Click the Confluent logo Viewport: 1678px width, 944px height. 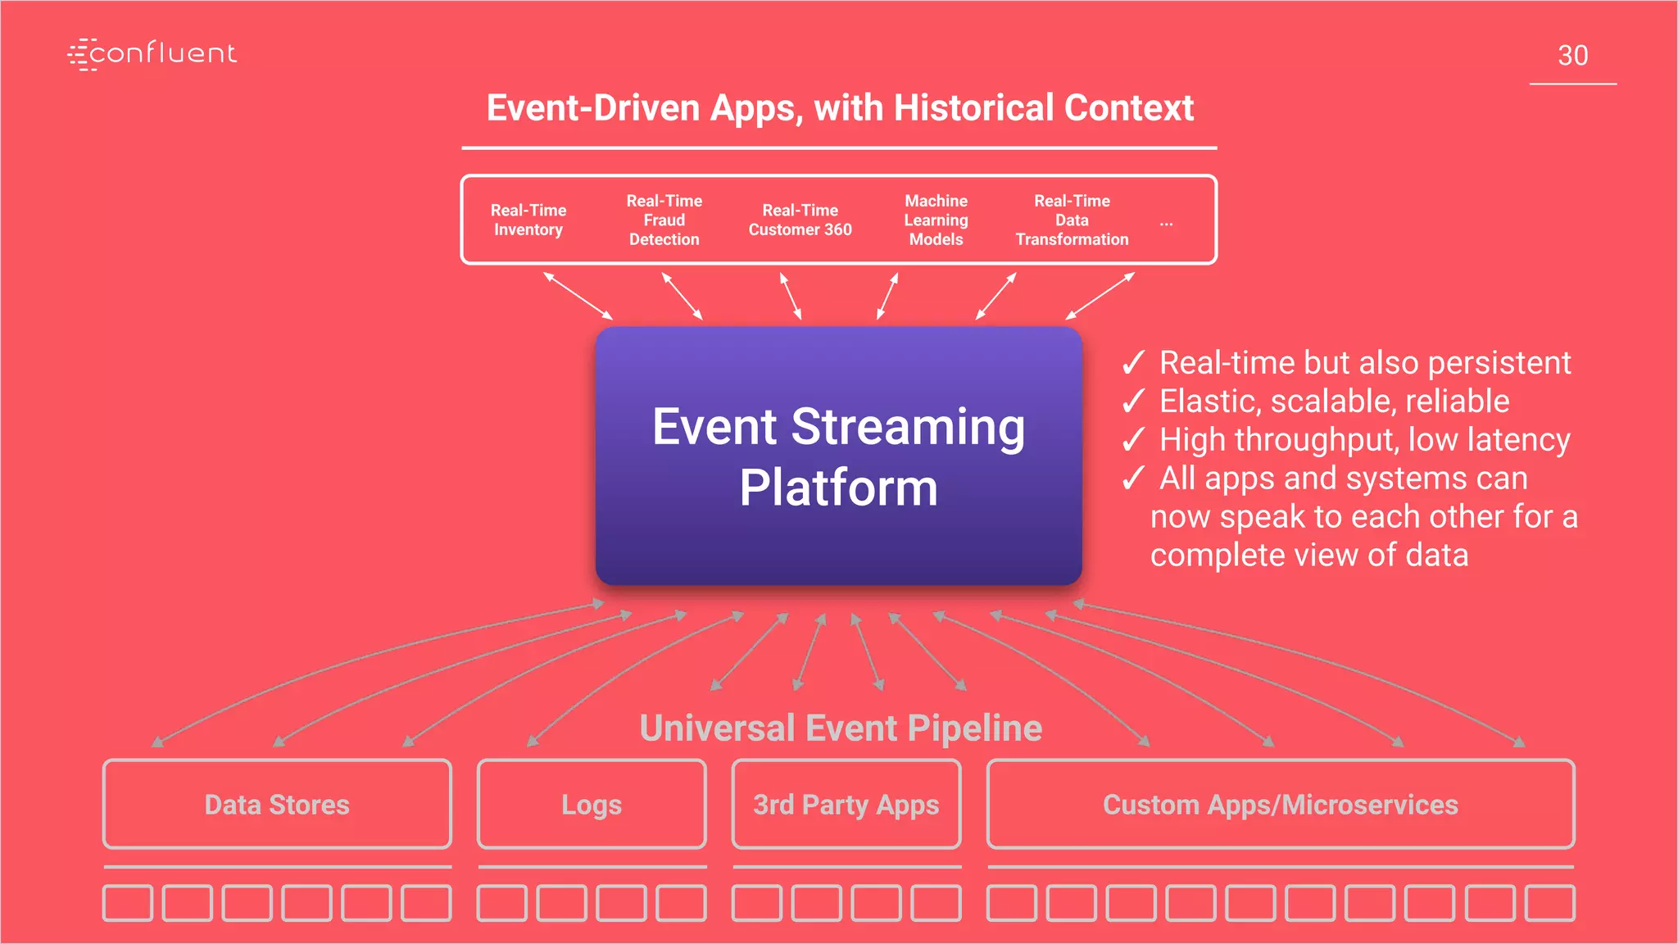pyautogui.click(x=152, y=54)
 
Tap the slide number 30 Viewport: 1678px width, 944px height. pyautogui.click(x=1572, y=56)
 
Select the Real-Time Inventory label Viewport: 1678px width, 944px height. pyautogui.click(x=528, y=220)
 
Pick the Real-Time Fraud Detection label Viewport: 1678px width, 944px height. pyautogui.click(x=664, y=220)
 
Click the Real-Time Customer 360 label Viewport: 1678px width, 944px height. pyautogui.click(x=800, y=220)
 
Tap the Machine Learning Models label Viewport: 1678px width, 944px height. pyautogui.click(x=936, y=220)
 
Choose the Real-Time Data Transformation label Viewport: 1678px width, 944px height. pyautogui.click(x=1072, y=220)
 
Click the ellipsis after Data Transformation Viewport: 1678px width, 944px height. pyautogui.click(x=1166, y=222)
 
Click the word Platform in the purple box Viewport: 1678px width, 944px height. pyautogui.click(x=838, y=488)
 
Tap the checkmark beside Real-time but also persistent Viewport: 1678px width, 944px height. pyautogui.click(x=1133, y=362)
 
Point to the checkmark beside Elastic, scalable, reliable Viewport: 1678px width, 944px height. pyautogui.click(x=1133, y=401)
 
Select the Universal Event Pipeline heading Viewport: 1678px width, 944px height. pyautogui.click(x=841, y=728)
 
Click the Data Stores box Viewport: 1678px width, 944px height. pyautogui.click(x=277, y=804)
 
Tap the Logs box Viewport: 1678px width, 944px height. pyautogui.click(x=592, y=804)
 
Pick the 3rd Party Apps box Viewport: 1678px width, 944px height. pyautogui.click(x=846, y=804)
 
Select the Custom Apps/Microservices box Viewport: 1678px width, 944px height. pyautogui.click(x=1281, y=804)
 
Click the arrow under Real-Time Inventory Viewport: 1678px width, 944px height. pyautogui.click(x=578, y=296)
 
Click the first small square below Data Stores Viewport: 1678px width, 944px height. pyautogui.click(x=128, y=902)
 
